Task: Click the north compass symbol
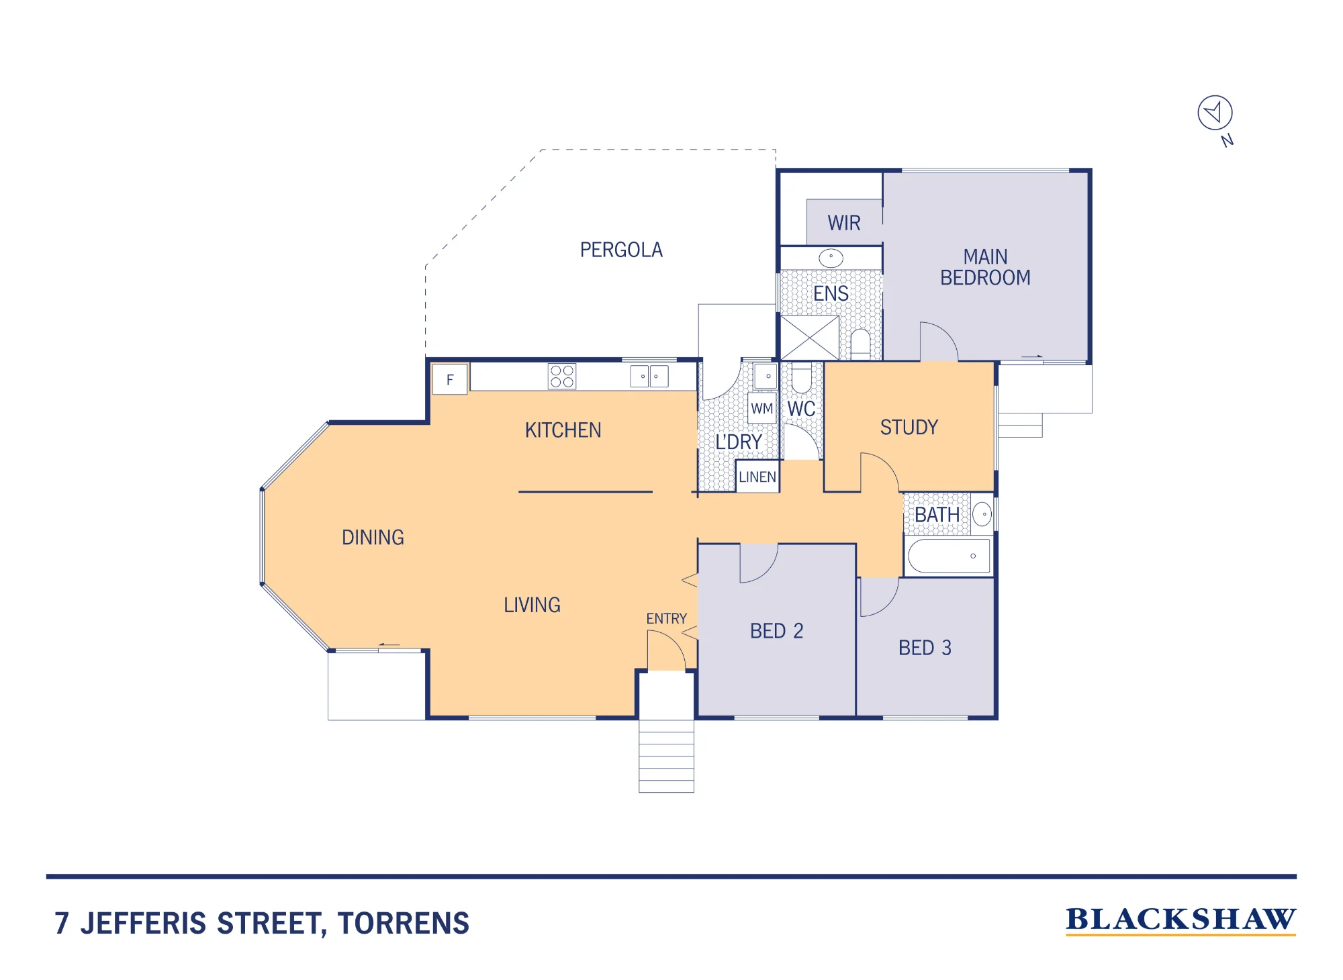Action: (1215, 113)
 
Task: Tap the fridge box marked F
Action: (450, 379)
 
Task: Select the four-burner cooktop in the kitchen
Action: (562, 377)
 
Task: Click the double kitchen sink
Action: (649, 377)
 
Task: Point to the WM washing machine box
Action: (762, 409)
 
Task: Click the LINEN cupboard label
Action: (757, 477)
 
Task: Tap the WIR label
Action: (844, 223)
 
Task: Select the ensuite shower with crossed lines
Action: (810, 338)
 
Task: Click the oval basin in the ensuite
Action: (831, 258)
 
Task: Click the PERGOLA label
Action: (621, 250)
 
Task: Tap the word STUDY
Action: (909, 428)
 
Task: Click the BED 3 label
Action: (925, 648)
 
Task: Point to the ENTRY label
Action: (666, 619)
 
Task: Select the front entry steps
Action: (666, 756)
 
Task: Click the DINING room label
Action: (373, 538)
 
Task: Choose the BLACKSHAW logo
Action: (1180, 920)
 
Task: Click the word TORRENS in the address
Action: (404, 924)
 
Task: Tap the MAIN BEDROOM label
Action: (985, 267)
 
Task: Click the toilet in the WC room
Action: (801, 377)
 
